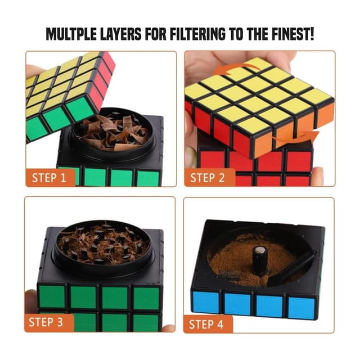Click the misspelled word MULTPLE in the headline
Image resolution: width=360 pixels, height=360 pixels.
(x=75, y=34)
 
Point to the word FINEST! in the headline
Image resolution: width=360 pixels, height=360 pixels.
(x=290, y=34)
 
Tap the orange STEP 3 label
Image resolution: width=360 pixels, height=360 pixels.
(x=49, y=323)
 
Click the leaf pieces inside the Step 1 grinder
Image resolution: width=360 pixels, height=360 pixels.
(x=112, y=132)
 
